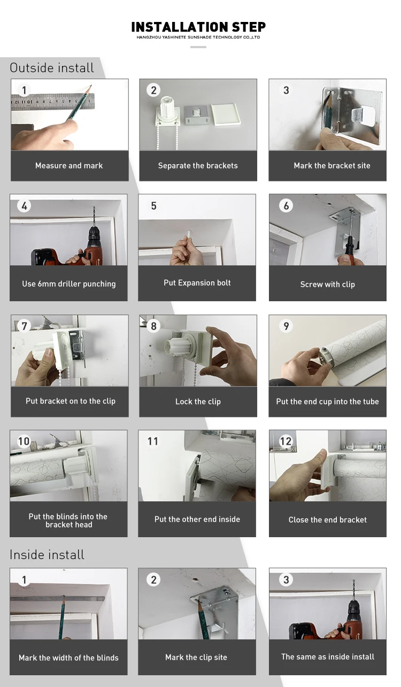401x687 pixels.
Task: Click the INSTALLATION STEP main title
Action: click(198, 27)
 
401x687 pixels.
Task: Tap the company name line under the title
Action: click(198, 37)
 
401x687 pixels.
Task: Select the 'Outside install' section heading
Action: click(52, 68)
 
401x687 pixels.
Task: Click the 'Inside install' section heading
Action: click(47, 554)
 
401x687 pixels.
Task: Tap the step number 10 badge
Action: click(24, 441)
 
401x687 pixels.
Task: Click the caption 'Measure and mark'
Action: click(69, 166)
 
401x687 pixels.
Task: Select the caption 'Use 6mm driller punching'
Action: click(69, 284)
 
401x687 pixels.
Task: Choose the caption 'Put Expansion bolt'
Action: click(197, 283)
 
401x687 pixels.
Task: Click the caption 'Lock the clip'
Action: click(198, 401)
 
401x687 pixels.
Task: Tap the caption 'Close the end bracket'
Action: click(328, 520)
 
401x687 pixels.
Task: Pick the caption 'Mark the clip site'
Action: click(196, 657)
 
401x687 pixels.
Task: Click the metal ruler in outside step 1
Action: click(53, 102)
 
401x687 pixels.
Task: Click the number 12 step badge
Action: click(286, 441)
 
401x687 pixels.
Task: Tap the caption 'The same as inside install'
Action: click(328, 657)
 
